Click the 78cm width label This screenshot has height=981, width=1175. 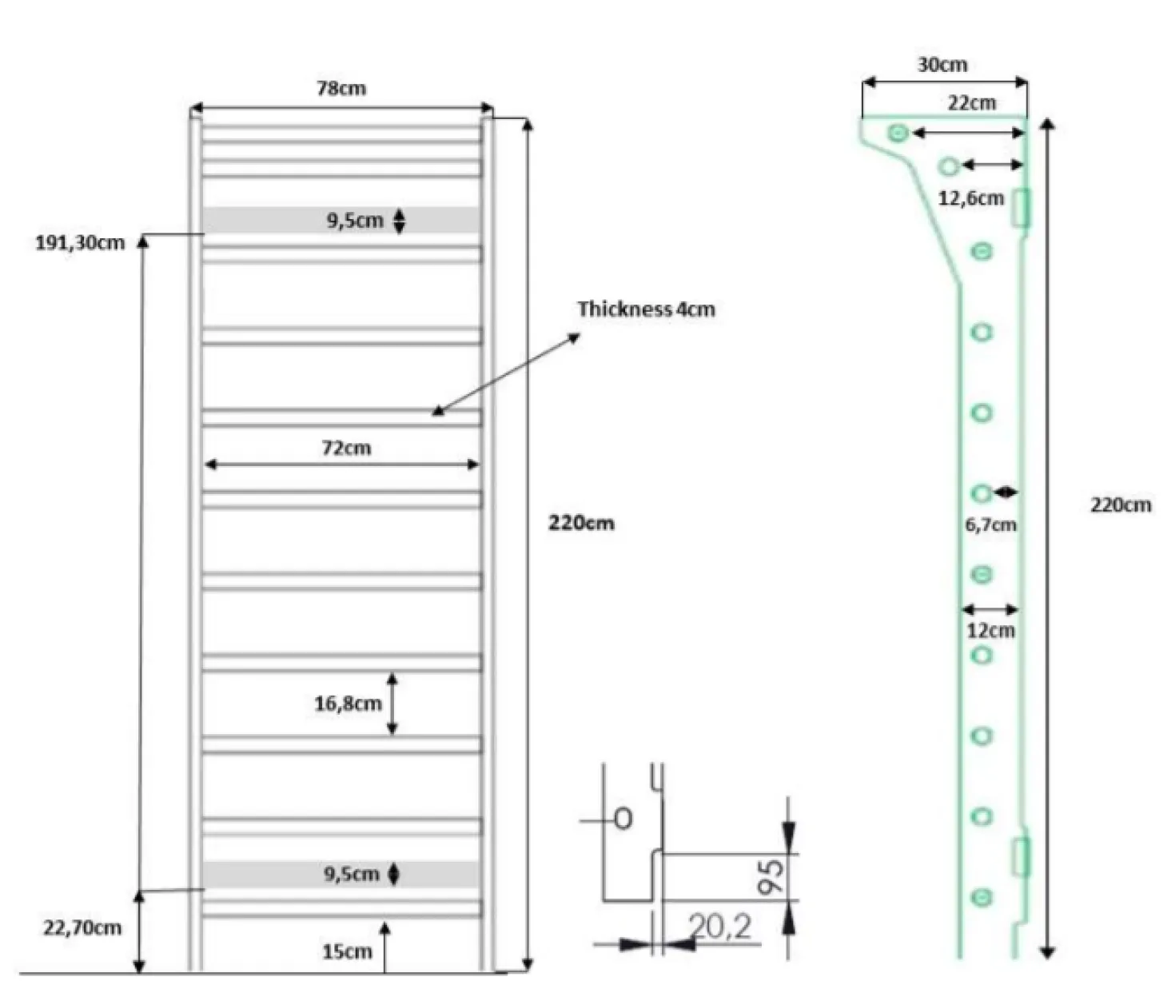[x=341, y=89]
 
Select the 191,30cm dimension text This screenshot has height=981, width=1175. [x=80, y=243]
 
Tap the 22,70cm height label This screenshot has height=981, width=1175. [x=82, y=927]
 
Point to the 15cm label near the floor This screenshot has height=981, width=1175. [x=347, y=951]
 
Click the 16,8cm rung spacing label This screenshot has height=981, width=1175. [x=348, y=704]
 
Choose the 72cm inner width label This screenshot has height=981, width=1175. [x=346, y=448]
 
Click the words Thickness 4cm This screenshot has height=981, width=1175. [x=646, y=309]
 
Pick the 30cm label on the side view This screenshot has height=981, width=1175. [x=942, y=65]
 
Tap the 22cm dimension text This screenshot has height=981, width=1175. [x=972, y=103]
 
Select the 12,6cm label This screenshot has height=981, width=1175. [x=971, y=198]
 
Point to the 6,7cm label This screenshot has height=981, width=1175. [x=990, y=525]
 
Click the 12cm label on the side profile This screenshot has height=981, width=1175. [x=990, y=631]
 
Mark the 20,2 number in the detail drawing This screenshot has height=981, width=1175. [x=720, y=927]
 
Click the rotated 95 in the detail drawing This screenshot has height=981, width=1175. [x=770, y=877]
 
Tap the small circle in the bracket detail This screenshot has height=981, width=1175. [x=623, y=819]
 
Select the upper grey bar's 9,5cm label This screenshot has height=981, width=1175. [x=355, y=221]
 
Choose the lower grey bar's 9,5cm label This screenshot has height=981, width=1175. [x=351, y=874]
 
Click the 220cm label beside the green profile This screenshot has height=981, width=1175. [x=1121, y=504]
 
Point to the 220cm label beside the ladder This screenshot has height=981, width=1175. [x=581, y=524]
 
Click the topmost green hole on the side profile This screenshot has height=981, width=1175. [x=898, y=134]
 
